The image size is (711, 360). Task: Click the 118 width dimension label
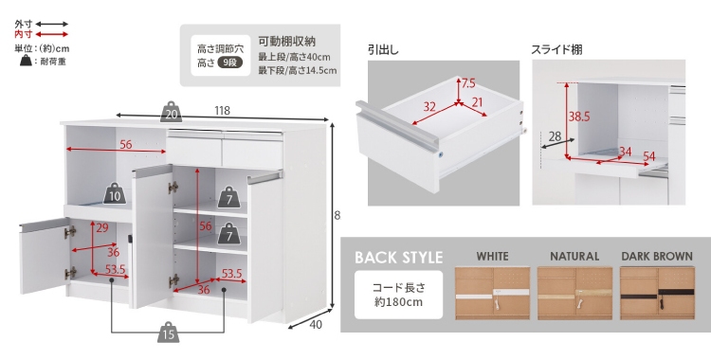[222, 110]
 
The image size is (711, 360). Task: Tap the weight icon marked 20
[171, 112]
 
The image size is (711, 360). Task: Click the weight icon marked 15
[168, 333]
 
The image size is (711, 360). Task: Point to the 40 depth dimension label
[316, 325]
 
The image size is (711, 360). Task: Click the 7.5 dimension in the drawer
[468, 83]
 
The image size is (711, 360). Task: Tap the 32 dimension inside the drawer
[429, 107]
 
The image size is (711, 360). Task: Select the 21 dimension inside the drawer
[478, 102]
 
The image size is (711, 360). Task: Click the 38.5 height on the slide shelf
[579, 117]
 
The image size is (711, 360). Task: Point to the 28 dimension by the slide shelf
[555, 135]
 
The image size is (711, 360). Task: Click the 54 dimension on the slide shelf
[649, 156]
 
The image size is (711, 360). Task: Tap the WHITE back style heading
[492, 256]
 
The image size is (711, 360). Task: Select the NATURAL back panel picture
[574, 293]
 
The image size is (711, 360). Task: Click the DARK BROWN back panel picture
[657, 293]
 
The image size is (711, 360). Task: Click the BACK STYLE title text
[398, 257]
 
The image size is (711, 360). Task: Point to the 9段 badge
[230, 63]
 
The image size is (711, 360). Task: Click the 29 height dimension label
[102, 227]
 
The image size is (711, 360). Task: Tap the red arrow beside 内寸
[52, 34]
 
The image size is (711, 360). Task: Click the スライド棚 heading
[556, 49]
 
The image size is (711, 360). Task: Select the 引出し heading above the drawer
[384, 49]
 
